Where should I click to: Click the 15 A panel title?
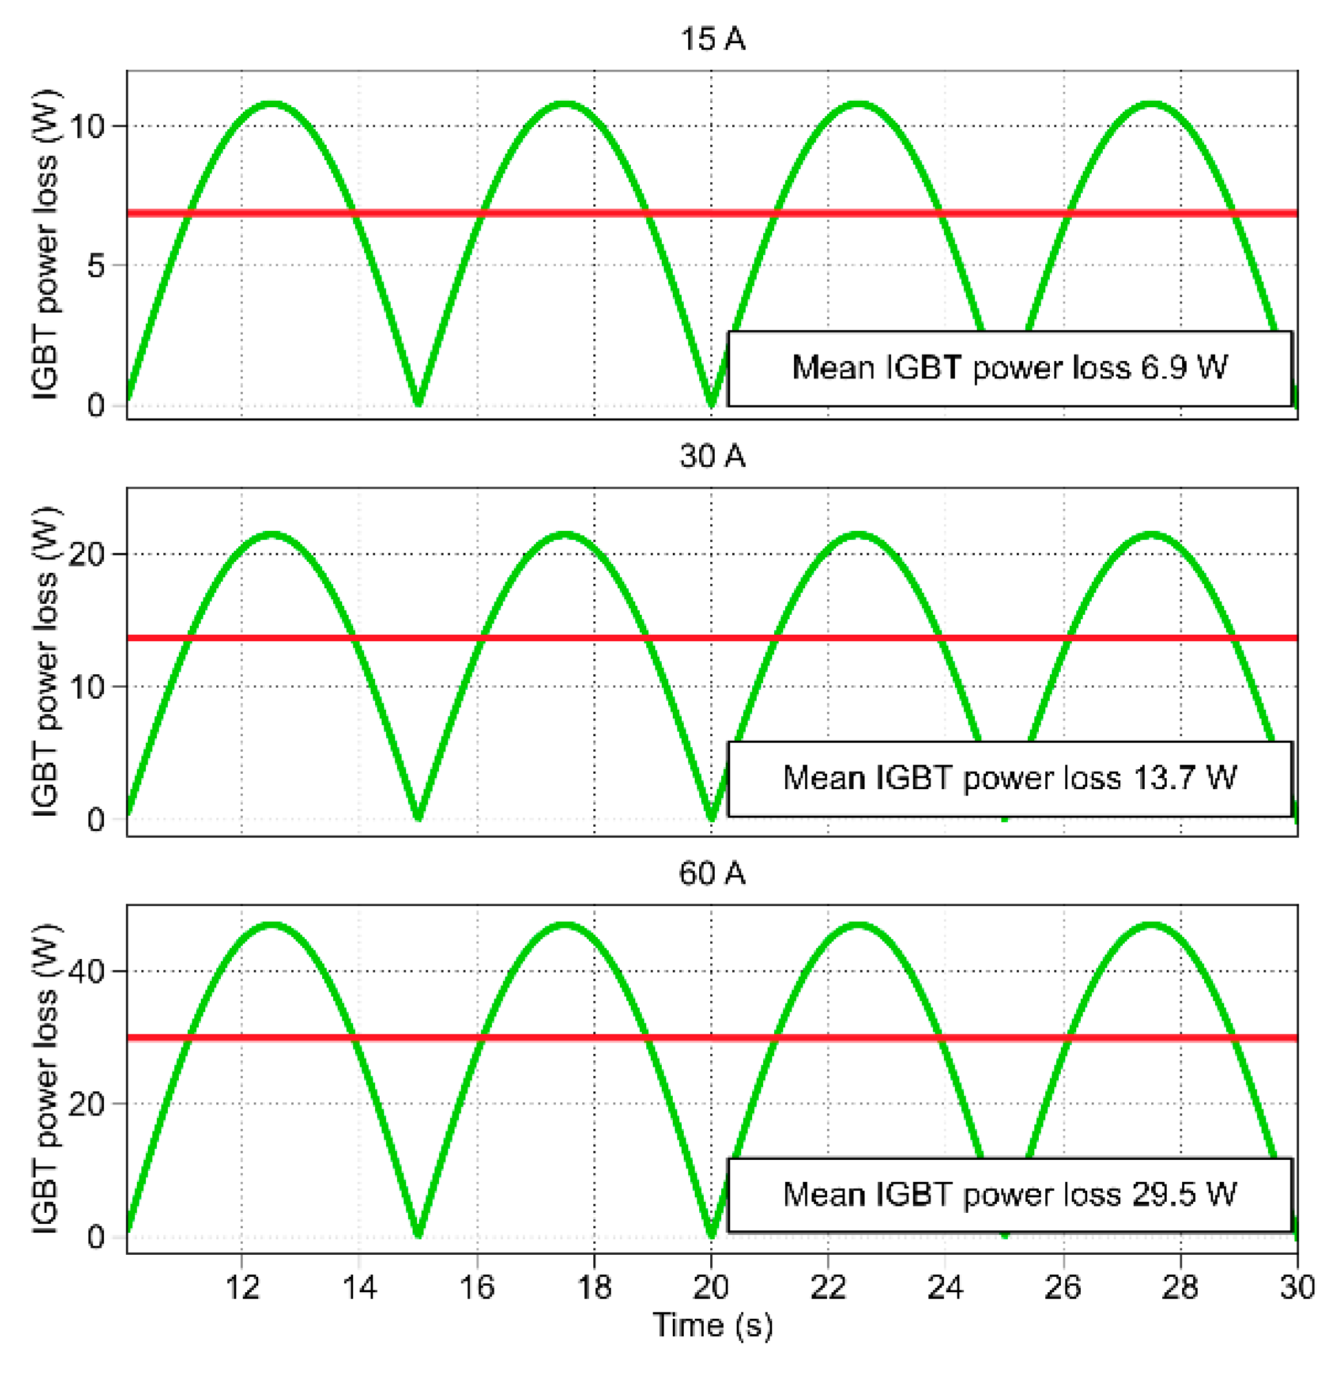[712, 39]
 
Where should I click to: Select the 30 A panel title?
[712, 456]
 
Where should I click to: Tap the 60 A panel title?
[712, 873]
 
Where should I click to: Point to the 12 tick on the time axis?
[242, 1287]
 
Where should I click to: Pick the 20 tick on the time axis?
[711, 1287]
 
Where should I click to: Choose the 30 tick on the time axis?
[1296, 1287]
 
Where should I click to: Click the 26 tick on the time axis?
[1062, 1287]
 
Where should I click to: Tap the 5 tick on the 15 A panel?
[96, 266]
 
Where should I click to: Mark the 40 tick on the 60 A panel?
[87, 971]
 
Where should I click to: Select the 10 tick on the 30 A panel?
[87, 686]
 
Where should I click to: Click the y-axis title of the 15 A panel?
[46, 245]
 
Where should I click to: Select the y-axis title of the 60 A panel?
[46, 1079]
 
